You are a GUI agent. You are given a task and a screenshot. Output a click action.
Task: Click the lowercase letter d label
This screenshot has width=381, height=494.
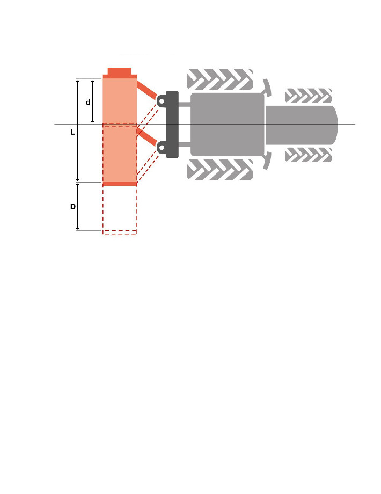click(x=88, y=102)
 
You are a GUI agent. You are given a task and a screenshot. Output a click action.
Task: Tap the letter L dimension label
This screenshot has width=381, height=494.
click(x=73, y=132)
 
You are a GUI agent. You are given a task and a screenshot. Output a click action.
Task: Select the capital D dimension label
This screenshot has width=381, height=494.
click(x=73, y=207)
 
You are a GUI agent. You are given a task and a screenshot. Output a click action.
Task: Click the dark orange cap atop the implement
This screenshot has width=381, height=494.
click(x=120, y=72)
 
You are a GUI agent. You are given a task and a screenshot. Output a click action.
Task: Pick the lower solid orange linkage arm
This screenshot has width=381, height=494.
click(x=146, y=137)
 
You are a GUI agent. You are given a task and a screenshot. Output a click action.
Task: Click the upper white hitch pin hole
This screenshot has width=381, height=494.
click(x=161, y=101)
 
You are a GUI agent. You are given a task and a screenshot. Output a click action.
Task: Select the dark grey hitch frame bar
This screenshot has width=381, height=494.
click(x=172, y=124)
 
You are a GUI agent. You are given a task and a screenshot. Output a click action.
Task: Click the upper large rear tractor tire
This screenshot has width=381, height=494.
click(x=220, y=79)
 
